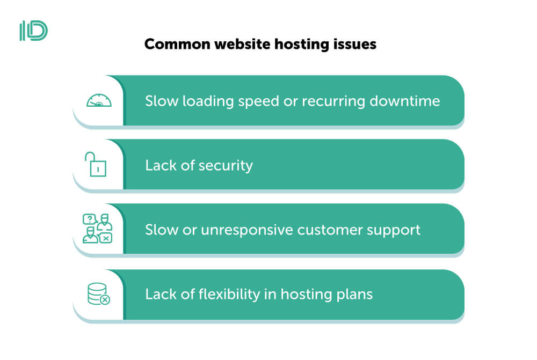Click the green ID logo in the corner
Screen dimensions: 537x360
pos(33,31)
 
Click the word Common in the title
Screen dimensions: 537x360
pos(177,44)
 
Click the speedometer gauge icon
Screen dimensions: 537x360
pos(99,100)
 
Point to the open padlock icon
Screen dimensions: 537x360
pos(96,164)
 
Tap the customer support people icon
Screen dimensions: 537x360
pos(98,228)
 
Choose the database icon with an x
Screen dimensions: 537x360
pos(99,293)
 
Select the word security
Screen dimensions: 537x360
pos(226,166)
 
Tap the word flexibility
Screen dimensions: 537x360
pos(229,295)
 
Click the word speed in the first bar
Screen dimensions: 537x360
pos(259,101)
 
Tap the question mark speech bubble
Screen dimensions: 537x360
pos(89,219)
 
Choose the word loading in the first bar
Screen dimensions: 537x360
pos(208,101)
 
